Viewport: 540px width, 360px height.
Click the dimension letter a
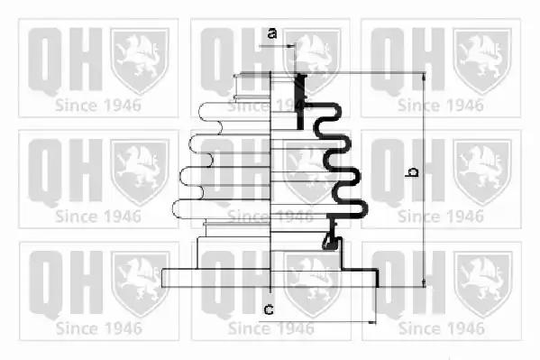[272, 33]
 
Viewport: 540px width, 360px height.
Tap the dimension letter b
[412, 172]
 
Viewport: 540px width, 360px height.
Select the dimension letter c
[269, 309]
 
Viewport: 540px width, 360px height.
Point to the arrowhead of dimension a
[292, 45]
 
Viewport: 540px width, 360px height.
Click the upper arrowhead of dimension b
[424, 77]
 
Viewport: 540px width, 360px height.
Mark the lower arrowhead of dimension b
[424, 282]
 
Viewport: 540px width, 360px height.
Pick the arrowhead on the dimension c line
[372, 322]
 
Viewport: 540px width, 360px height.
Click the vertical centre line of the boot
[270, 180]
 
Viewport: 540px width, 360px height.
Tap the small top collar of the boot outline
[252, 87]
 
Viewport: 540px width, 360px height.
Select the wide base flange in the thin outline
[216, 278]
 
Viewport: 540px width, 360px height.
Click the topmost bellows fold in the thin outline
[234, 112]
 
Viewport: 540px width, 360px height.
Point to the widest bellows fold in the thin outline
[222, 209]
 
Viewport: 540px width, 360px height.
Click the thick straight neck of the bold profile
[300, 101]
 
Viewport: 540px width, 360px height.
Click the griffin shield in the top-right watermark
[482, 61]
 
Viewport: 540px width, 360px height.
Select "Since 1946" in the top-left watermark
[98, 106]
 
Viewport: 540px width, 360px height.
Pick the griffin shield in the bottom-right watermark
[483, 284]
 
